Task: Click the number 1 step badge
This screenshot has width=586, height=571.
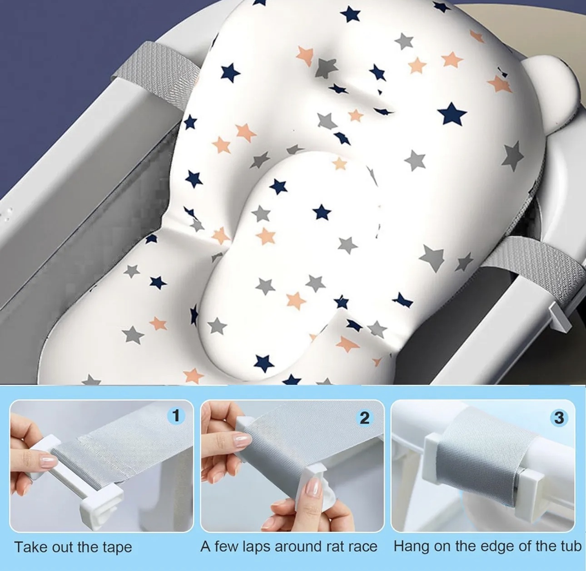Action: (x=176, y=415)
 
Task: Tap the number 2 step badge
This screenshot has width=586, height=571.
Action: (x=365, y=418)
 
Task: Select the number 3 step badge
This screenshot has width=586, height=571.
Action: (x=559, y=418)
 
